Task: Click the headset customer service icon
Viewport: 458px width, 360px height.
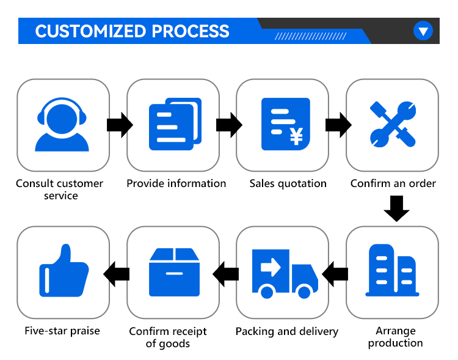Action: [x=62, y=124]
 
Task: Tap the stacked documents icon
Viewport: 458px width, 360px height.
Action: [x=175, y=124]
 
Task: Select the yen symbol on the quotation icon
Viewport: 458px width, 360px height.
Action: [x=296, y=137]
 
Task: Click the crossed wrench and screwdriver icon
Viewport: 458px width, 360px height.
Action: [x=393, y=124]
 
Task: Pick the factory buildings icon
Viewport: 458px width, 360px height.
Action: [x=392, y=270]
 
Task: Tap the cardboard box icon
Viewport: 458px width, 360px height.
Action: [x=175, y=272]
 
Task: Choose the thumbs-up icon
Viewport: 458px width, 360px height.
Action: [x=64, y=271]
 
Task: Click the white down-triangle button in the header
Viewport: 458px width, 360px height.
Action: [x=423, y=31]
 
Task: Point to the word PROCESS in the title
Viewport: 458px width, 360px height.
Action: [x=191, y=31]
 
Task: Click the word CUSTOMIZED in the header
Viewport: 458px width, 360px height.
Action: [x=90, y=31]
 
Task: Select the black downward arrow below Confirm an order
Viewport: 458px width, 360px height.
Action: [x=396, y=209]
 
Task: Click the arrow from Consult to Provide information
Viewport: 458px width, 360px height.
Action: [x=120, y=125]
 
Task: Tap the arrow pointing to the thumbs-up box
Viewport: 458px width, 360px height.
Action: [x=116, y=274]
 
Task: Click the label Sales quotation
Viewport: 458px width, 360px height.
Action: [x=288, y=183]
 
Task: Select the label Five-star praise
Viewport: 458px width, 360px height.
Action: [x=62, y=331]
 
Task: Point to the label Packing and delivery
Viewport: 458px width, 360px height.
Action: [x=287, y=331]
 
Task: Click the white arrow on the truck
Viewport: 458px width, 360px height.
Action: [x=271, y=267]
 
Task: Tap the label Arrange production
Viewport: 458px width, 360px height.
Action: [x=396, y=337]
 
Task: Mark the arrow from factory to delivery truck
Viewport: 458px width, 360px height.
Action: [x=335, y=274]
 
